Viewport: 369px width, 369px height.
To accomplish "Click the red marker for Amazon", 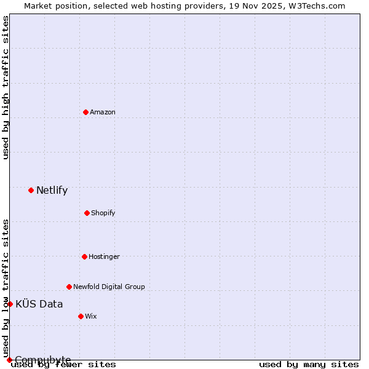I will (86, 112).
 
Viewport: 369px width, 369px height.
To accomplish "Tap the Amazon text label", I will (103, 112).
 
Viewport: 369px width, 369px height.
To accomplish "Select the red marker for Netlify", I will (31, 190).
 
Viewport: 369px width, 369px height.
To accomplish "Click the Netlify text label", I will (52, 190).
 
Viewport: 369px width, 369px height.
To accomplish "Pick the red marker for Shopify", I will (87, 213).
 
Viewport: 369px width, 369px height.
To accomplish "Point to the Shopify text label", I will (103, 213).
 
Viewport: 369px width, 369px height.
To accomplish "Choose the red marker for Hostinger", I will (84, 256).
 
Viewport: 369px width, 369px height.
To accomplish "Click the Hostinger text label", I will (104, 256).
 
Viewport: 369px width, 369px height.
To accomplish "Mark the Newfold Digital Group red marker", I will (69, 287).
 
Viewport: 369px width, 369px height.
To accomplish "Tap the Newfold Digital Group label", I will (109, 287).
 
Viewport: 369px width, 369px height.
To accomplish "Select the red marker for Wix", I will (81, 316).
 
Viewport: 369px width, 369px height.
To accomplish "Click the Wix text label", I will (91, 316).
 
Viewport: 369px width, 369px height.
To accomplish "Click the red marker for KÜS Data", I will (10, 304).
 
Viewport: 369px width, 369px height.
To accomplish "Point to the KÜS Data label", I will (39, 304).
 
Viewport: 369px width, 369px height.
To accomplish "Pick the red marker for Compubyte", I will (9, 360).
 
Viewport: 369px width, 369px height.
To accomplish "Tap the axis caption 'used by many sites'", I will (309, 365).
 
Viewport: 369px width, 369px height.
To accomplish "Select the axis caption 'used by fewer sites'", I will (64, 365).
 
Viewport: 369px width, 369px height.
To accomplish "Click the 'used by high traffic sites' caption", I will (6, 87).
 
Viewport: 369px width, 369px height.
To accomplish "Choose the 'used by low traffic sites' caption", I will (6, 288).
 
